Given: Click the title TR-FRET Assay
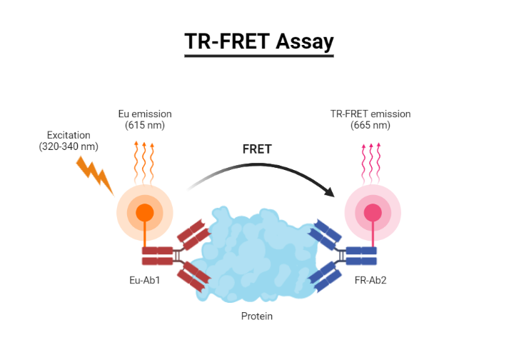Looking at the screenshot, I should [x=259, y=42].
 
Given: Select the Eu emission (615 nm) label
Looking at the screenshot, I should [x=145, y=119].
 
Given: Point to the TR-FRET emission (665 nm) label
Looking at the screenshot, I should [x=371, y=119].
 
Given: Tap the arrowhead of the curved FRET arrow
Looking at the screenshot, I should [x=330, y=191].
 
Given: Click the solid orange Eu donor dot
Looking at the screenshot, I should [x=145, y=212].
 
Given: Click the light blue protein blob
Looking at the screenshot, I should [x=257, y=254].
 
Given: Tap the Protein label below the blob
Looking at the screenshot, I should [x=257, y=316].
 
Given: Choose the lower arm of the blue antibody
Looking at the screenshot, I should [x=323, y=276].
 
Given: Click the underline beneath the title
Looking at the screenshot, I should [x=259, y=56].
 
